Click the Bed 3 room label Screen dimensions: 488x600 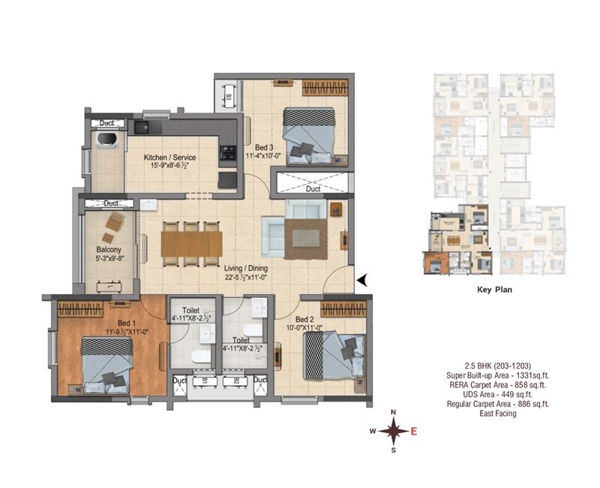tap(262, 146)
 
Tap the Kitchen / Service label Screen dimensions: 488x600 tap(170, 158)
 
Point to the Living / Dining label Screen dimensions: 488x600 tap(247, 267)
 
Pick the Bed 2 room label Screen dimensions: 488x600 tap(307, 319)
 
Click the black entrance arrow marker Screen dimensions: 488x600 tap(361, 280)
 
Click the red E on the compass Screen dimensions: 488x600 tap(413, 431)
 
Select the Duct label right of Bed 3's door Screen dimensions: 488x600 tap(313, 189)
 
